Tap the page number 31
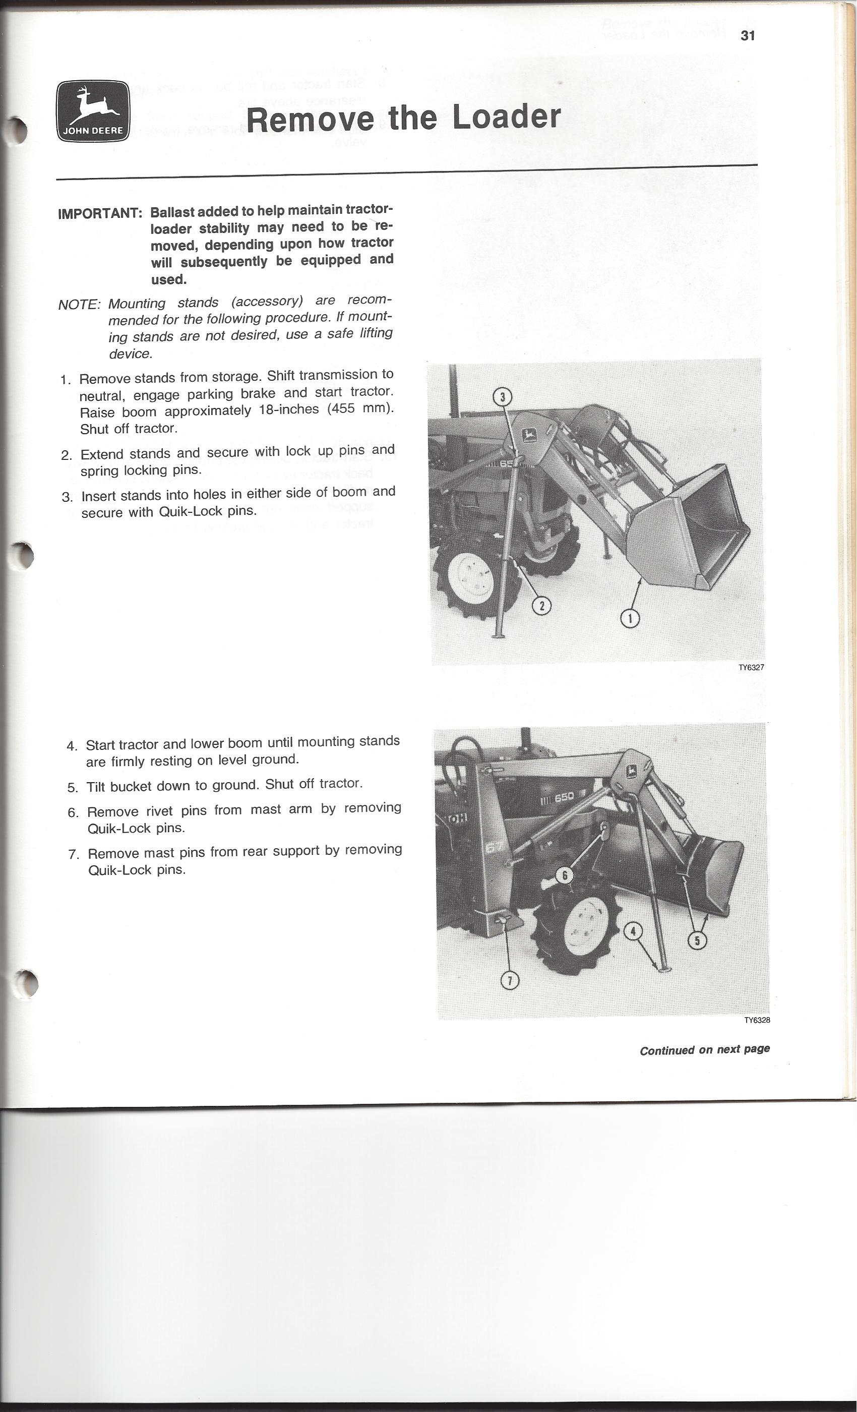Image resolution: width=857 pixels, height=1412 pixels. (748, 35)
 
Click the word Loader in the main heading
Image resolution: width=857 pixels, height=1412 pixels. (506, 117)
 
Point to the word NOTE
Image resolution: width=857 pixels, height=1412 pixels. (79, 304)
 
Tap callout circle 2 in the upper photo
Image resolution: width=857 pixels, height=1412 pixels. (542, 605)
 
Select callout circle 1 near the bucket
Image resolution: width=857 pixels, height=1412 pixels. (630, 618)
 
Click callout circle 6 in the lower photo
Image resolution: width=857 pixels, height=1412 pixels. (565, 875)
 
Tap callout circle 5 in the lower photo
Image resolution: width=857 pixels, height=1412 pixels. (697, 940)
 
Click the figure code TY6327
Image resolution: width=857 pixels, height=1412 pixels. (751, 668)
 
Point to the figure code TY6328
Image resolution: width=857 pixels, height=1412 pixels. (757, 1021)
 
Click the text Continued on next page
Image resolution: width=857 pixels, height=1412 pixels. (705, 1050)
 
